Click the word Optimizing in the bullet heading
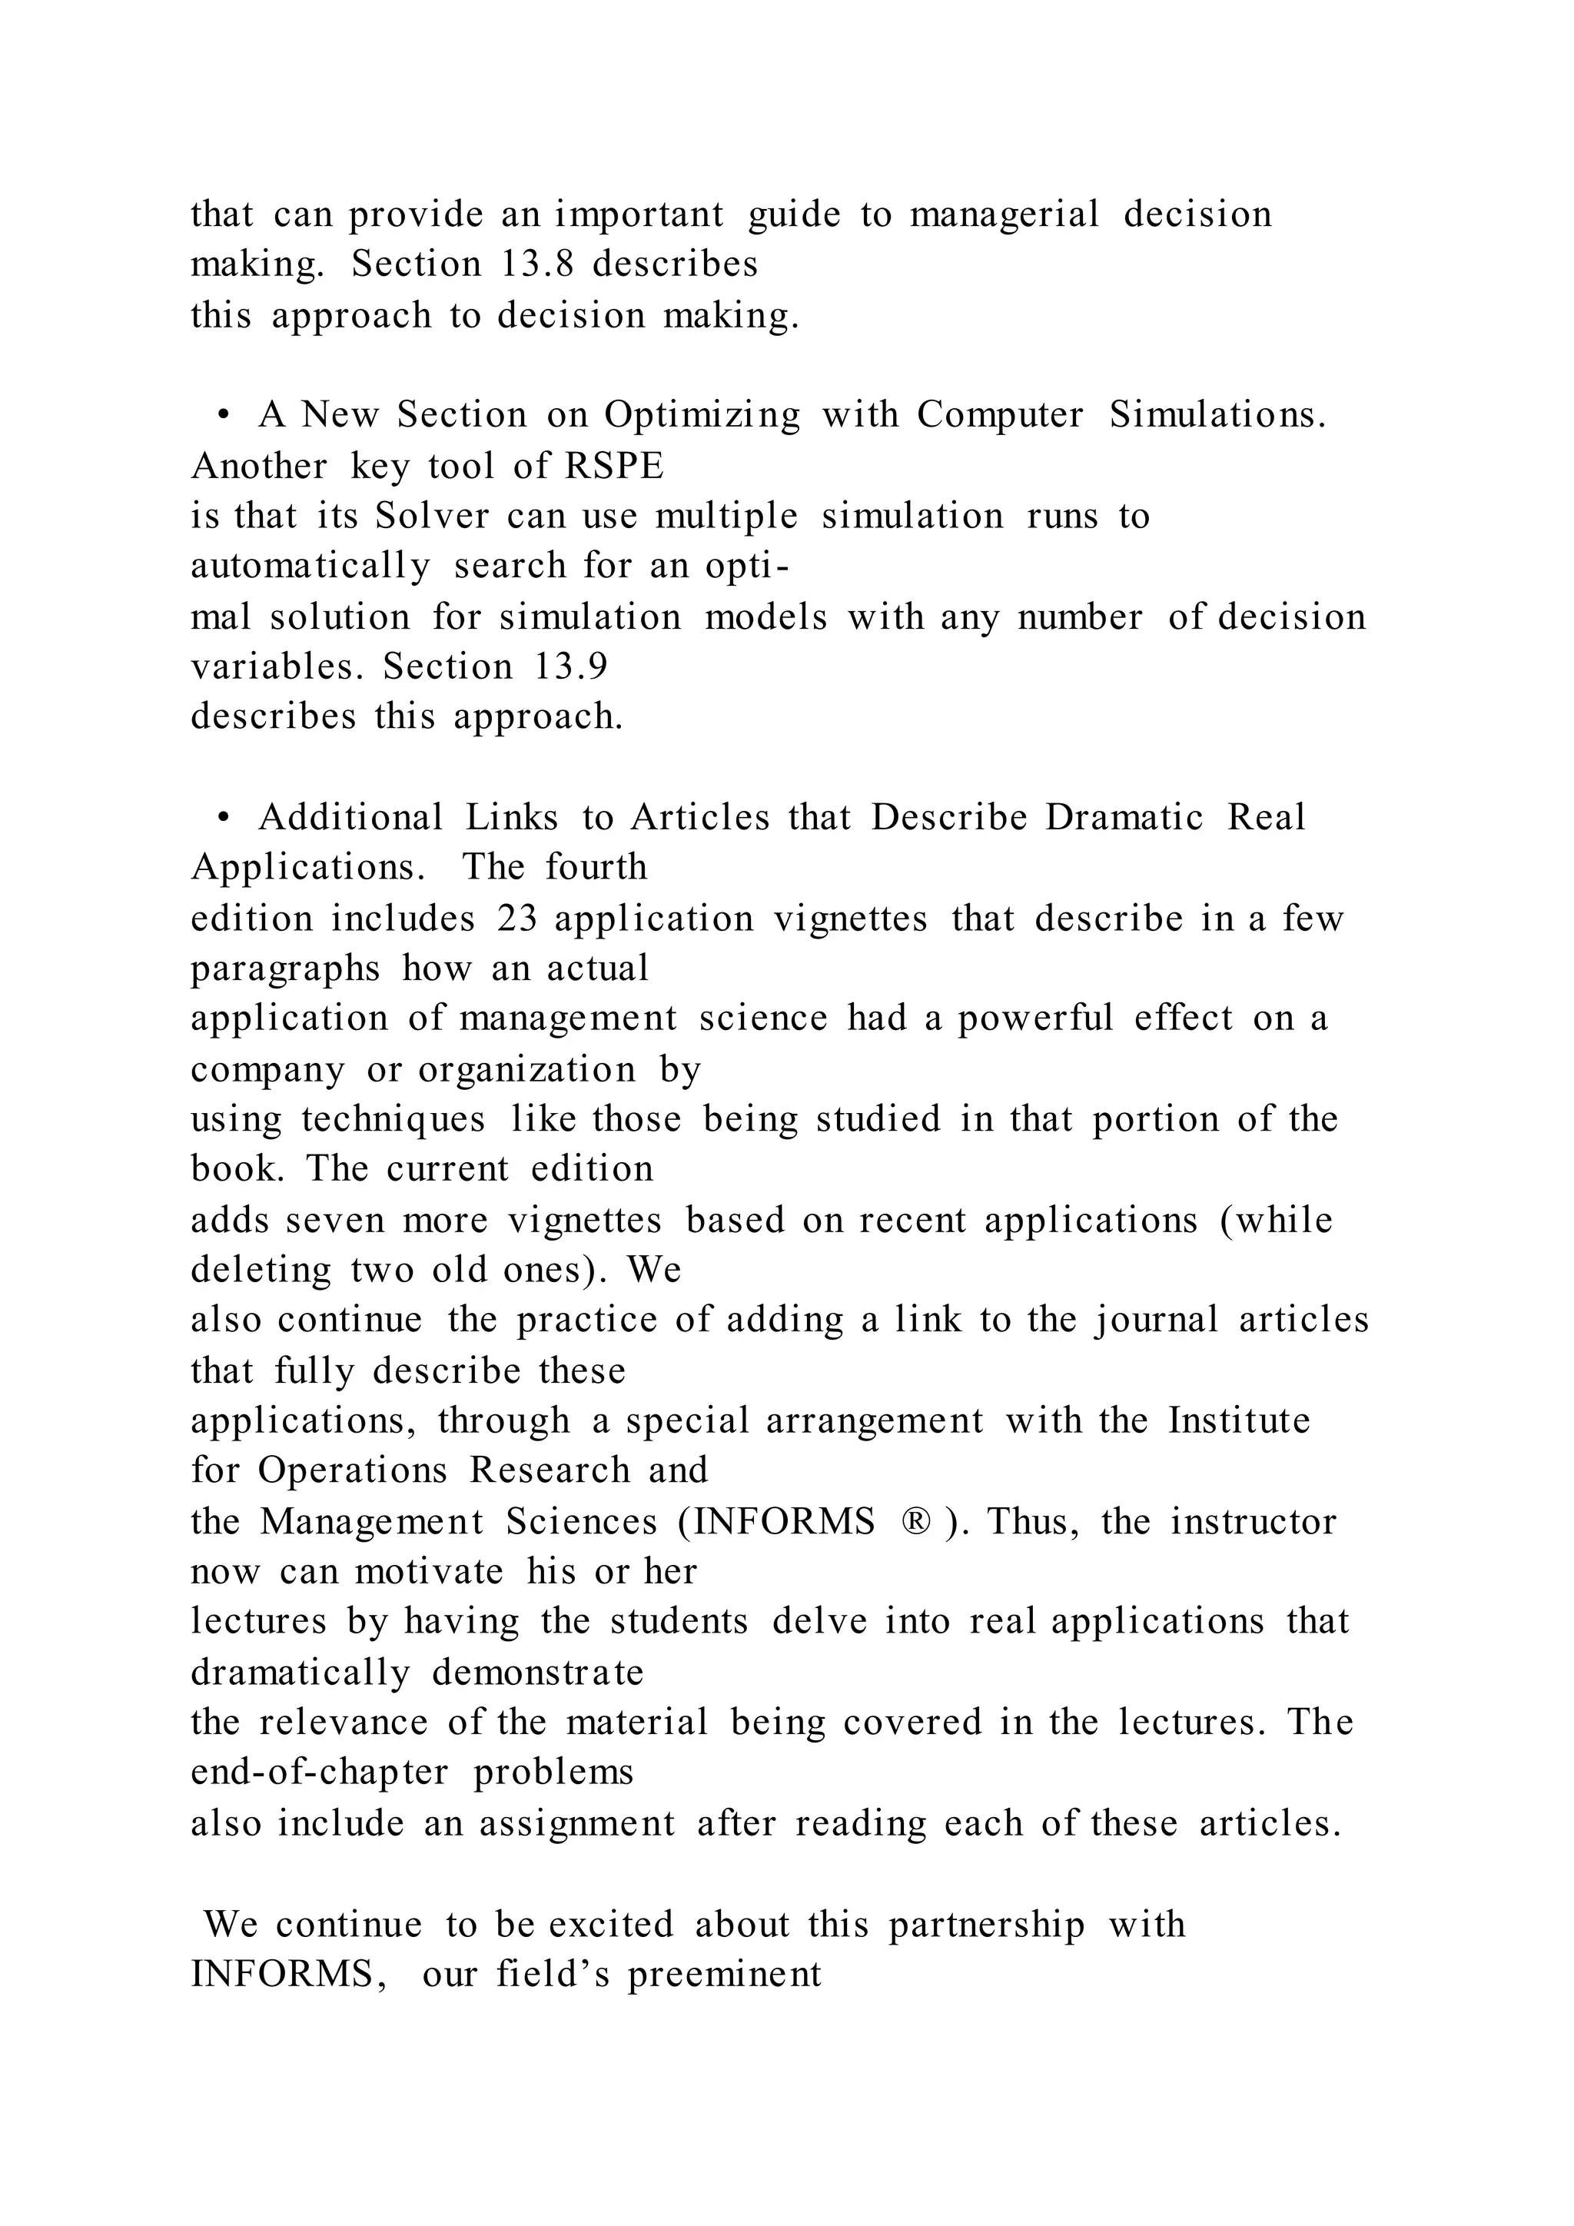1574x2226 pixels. [x=702, y=415]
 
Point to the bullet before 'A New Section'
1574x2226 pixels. [x=224, y=416]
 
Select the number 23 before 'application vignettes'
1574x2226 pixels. [x=516, y=918]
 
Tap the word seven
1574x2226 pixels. [x=335, y=1220]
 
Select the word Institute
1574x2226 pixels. [x=1239, y=1421]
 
